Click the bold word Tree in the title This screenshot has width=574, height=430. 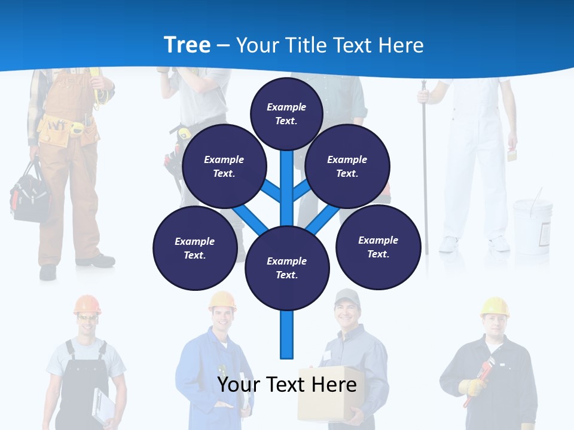[187, 45]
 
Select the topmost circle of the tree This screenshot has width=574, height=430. [286, 113]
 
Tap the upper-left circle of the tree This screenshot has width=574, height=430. [224, 167]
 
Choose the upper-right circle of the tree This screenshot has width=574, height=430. [347, 167]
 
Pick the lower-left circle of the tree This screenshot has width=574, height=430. [195, 248]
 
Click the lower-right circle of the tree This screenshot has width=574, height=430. [378, 247]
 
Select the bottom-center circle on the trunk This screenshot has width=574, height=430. [287, 268]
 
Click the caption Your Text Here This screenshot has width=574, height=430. [287, 384]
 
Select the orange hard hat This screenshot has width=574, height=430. [87, 304]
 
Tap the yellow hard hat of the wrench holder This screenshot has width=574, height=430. [494, 306]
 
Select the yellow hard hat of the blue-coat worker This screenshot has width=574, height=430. [222, 300]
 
